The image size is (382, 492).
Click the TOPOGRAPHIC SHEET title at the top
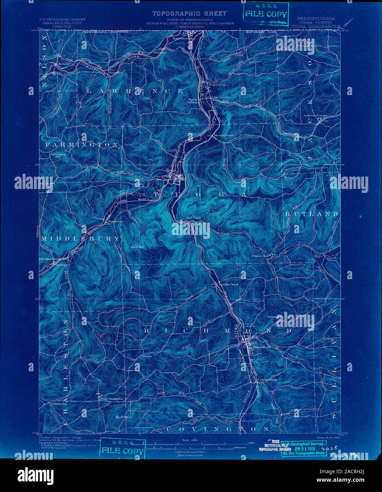point(189,13)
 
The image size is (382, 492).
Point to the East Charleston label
point(112,399)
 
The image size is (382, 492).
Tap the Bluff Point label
point(124,417)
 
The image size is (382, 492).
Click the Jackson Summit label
point(316,115)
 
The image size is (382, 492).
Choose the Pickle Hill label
point(275,317)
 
